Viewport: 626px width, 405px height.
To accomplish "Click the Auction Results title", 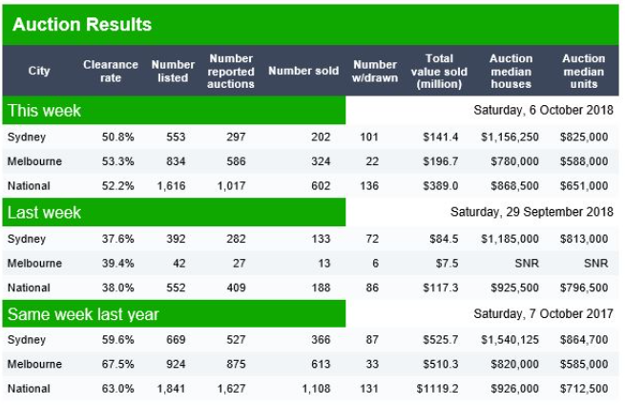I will pos(82,24).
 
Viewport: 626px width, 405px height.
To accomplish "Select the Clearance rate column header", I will pos(111,71).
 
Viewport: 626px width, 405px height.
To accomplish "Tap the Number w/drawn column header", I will pos(374,71).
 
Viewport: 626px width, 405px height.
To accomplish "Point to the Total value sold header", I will pos(439,71).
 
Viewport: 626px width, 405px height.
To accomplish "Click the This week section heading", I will pos(45,111).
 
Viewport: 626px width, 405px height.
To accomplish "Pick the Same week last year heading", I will pos(83,313).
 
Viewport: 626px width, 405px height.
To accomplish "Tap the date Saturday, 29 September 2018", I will pos(532,212).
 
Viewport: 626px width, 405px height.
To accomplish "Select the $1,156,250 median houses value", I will pos(510,137).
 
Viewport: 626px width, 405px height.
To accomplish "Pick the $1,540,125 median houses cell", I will pos(510,339).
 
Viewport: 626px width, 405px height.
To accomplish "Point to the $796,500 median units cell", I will pos(584,288).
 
